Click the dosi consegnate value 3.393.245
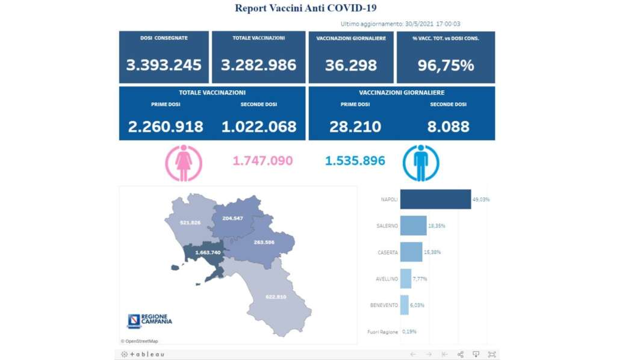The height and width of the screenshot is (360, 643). (x=164, y=65)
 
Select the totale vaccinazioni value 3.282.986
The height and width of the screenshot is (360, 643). (x=258, y=65)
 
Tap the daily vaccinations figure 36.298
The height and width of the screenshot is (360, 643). (x=351, y=65)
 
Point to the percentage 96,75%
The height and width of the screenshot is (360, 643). (x=446, y=65)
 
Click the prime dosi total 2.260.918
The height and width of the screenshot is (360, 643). (x=166, y=126)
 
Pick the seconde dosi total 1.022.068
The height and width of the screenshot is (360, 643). (x=259, y=126)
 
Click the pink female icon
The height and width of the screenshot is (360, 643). (x=184, y=163)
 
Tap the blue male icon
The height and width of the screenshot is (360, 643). (x=420, y=163)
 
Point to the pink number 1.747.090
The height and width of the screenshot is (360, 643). (x=262, y=161)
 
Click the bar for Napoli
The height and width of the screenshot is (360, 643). (x=435, y=199)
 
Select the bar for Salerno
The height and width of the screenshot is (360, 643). (x=413, y=226)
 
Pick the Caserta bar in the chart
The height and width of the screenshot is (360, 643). (x=411, y=252)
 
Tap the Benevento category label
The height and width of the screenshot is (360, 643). (x=384, y=305)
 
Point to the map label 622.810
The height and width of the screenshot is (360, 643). (x=275, y=296)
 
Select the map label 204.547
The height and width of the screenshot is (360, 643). (x=232, y=218)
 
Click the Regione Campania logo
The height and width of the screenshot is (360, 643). (x=149, y=321)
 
